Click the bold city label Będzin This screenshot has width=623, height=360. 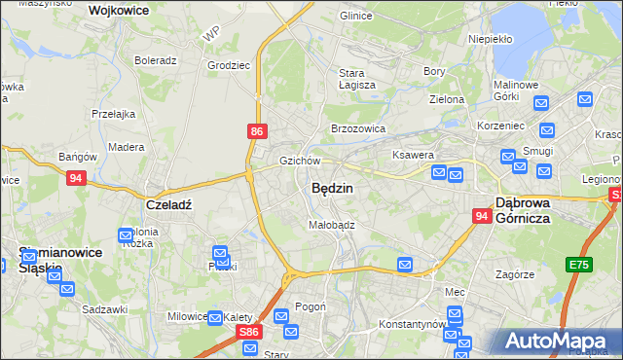click(x=332, y=188)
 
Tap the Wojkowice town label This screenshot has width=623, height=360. click(x=118, y=10)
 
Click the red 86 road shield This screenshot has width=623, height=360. click(x=255, y=129)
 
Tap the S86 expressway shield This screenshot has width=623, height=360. click(x=248, y=332)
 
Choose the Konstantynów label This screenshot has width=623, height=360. click(x=412, y=323)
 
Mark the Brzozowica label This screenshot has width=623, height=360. click(x=358, y=128)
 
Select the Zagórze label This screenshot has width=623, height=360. click(x=514, y=274)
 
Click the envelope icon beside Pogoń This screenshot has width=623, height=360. click(x=282, y=315)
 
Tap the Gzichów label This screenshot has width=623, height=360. click(x=300, y=161)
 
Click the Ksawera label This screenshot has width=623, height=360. click(x=413, y=155)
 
